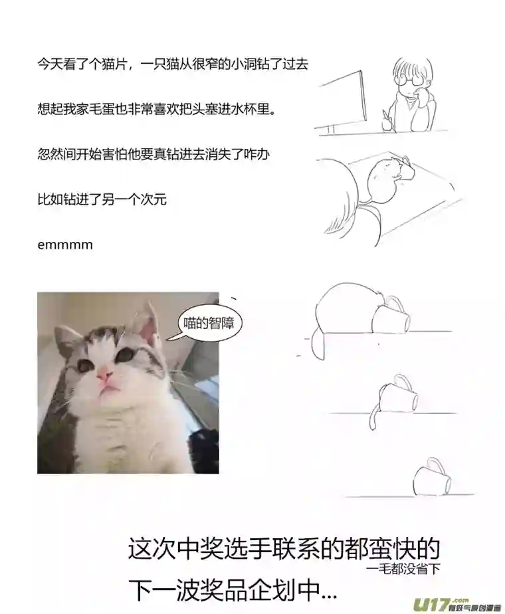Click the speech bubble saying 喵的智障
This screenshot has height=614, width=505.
[x=205, y=324]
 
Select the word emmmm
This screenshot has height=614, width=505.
[x=65, y=245]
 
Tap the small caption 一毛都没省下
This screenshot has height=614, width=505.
[x=403, y=569]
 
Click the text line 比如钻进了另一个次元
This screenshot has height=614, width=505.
[x=102, y=199]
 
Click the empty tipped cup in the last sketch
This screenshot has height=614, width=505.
[x=431, y=480]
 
